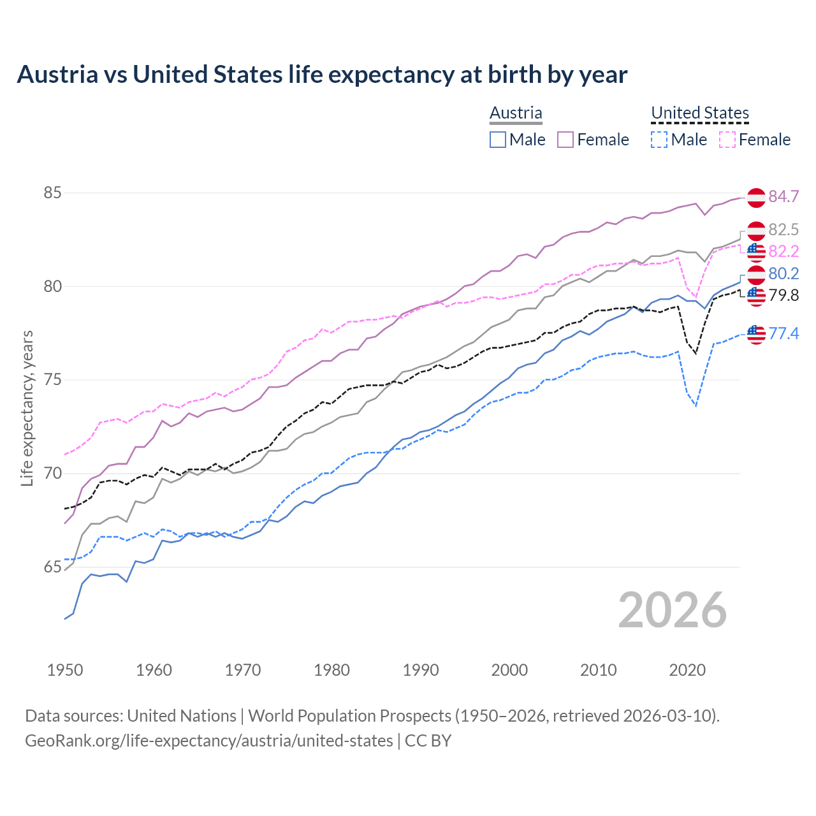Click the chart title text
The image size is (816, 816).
pos(322,75)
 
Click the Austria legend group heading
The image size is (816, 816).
pos(516,113)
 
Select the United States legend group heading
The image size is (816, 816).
pos(699,113)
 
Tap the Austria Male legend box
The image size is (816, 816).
pos(498,140)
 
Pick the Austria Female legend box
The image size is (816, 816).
pos(565,140)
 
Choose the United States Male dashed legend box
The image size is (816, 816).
pos(659,140)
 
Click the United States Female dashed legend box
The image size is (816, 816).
pos(727,140)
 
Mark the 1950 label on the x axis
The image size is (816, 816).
pos(65,670)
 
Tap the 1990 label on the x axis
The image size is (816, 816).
pos(421,670)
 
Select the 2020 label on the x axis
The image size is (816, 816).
pos(687,670)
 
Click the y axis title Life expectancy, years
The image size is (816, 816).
pos(27,408)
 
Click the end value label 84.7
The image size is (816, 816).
pos(783,197)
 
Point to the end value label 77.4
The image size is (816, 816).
pos(783,333)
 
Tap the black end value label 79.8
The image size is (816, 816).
pos(783,296)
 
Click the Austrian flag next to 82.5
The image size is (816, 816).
pos(756,231)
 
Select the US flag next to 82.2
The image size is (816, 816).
pos(756,252)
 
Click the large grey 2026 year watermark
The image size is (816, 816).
pos(672,610)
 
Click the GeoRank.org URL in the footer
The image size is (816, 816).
pos(209,741)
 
